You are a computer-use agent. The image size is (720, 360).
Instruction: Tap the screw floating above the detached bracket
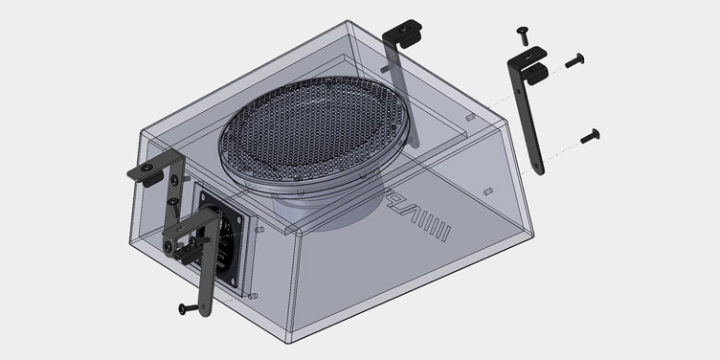tap(523, 35)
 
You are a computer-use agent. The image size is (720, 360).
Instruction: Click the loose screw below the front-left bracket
tap(190, 308)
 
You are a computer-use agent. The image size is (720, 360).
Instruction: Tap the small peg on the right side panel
tap(487, 191)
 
